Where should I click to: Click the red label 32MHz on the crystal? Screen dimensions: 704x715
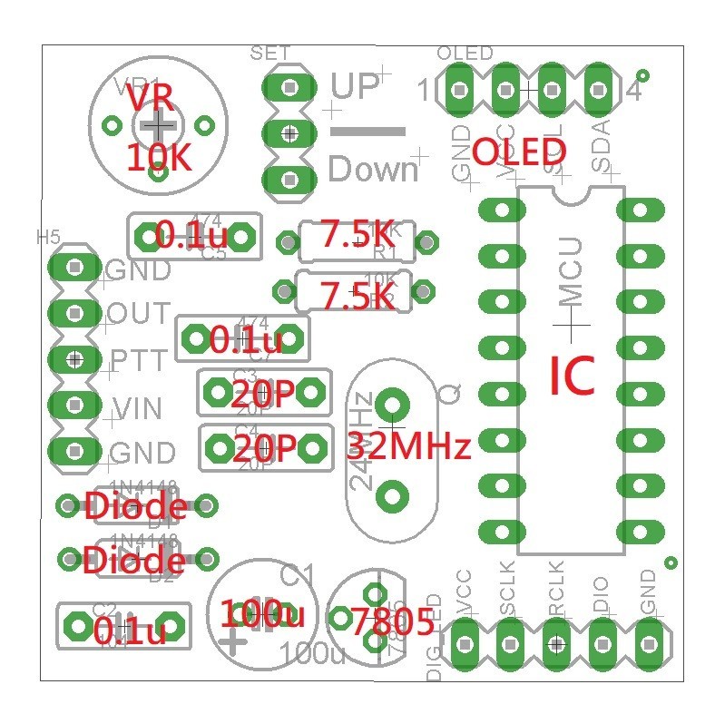click(x=410, y=446)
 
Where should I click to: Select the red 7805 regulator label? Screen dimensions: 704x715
click(x=392, y=622)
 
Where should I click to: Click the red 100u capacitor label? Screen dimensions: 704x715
click(x=263, y=614)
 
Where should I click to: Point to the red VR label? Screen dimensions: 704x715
click(x=147, y=96)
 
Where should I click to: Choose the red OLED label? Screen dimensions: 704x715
click(x=521, y=152)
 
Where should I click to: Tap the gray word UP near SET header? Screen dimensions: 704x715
click(x=355, y=86)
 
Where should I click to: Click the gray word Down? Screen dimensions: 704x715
click(x=372, y=170)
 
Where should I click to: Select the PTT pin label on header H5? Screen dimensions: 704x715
click(x=139, y=360)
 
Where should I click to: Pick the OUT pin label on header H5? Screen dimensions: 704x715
click(x=138, y=314)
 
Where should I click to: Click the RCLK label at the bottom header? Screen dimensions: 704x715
click(x=555, y=596)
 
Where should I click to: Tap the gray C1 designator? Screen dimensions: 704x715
click(x=297, y=574)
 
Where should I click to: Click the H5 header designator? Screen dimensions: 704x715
click(x=48, y=237)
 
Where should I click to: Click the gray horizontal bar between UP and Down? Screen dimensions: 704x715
click(x=367, y=132)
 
